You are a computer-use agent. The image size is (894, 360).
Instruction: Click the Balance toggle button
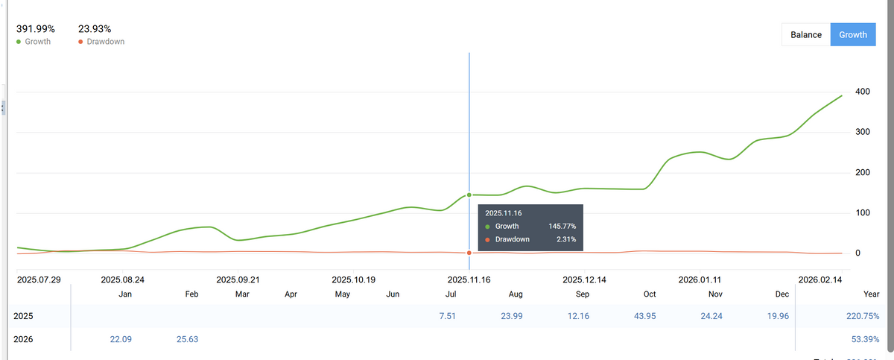(x=806, y=35)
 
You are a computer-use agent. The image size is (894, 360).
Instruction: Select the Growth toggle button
(x=853, y=35)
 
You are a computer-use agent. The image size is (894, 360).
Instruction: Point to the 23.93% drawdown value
(x=94, y=29)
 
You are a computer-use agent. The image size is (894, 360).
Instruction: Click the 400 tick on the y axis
(x=863, y=92)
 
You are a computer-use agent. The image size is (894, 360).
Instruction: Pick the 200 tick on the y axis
(x=863, y=173)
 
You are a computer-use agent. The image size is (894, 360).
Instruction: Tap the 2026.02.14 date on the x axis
(x=819, y=280)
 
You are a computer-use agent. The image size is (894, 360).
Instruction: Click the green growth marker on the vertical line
(x=469, y=195)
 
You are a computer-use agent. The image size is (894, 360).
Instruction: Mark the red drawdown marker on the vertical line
(x=469, y=253)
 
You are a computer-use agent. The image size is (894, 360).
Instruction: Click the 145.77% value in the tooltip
(x=562, y=226)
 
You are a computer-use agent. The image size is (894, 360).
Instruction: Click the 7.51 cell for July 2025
(x=448, y=316)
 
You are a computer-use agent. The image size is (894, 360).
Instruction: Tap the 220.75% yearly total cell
(x=864, y=316)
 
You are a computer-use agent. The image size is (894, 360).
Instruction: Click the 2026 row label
(x=23, y=339)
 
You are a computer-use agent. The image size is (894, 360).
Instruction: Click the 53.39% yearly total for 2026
(x=866, y=339)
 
